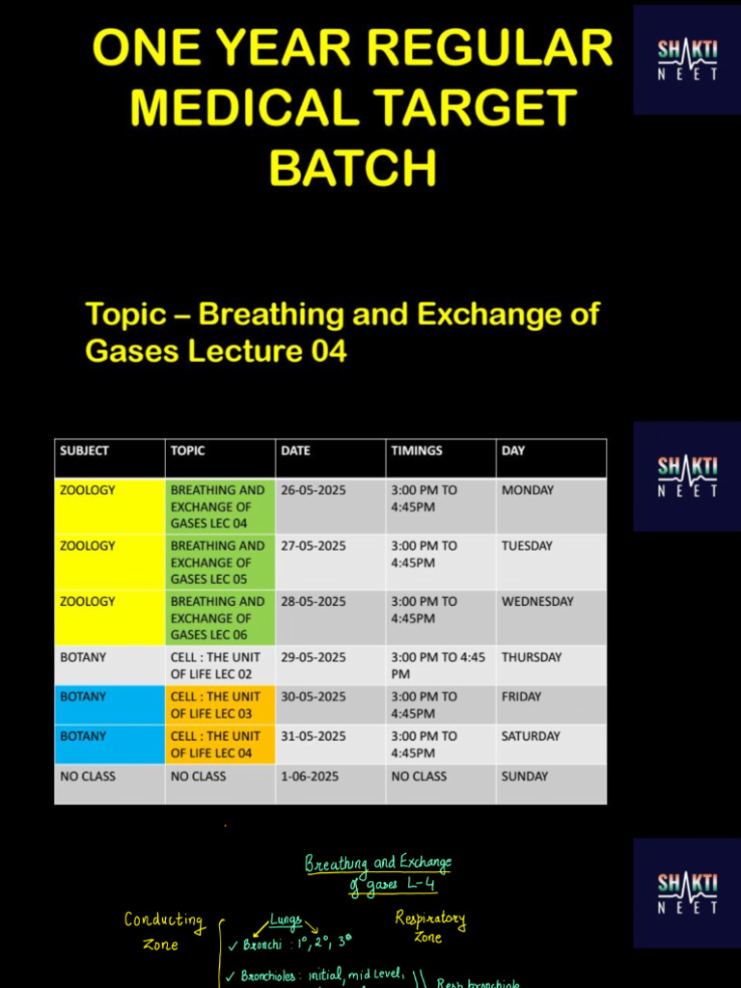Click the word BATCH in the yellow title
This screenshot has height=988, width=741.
point(352,166)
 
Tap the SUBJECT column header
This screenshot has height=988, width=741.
point(84,451)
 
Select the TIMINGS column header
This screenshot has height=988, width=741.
point(417,451)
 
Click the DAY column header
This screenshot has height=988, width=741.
point(513,451)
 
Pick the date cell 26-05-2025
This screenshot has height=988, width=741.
point(313,490)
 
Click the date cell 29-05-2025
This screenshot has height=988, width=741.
point(313,657)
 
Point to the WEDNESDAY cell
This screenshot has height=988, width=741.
point(537,601)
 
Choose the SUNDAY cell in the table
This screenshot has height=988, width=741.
point(524,776)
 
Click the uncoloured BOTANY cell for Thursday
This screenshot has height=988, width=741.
point(83,657)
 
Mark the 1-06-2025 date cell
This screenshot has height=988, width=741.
point(310,776)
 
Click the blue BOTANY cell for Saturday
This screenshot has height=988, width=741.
point(83,736)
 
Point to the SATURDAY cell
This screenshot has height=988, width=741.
point(531,736)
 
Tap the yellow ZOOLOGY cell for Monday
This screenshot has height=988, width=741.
point(87,490)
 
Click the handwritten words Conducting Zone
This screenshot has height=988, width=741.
point(163,931)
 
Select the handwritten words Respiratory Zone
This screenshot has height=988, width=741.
point(429,926)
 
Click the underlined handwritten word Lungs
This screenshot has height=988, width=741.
point(286,920)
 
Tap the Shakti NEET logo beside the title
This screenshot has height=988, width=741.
point(686,59)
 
